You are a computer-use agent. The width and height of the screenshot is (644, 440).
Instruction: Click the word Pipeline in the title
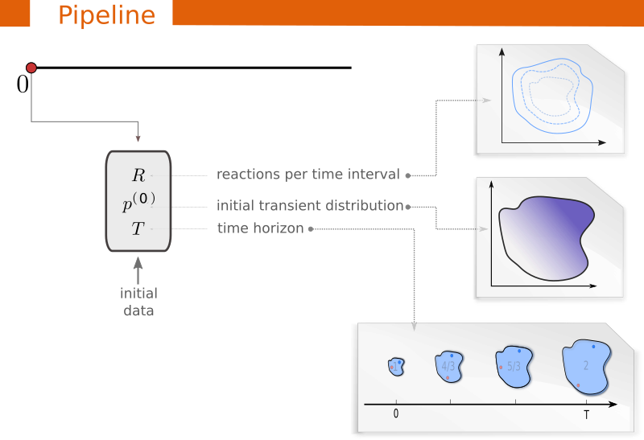pos(106,14)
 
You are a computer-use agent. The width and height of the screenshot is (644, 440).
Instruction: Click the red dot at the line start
pos(31,68)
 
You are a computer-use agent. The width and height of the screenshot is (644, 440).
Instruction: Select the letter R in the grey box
pos(138,175)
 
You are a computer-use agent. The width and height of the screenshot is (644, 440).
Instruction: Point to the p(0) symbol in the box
pos(138,203)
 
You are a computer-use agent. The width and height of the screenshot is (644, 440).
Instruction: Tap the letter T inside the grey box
pos(138,229)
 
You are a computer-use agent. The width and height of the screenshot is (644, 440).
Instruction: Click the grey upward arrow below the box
pos(138,264)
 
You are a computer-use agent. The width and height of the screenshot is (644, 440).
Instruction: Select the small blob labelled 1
pos(394,366)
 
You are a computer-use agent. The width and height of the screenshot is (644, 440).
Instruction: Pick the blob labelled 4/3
pos(449,365)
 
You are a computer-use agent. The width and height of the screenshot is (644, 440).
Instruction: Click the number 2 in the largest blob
pos(586,365)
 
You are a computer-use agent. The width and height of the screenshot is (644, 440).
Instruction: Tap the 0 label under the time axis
pos(396,413)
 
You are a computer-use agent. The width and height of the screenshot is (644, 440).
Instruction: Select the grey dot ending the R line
pos(408,175)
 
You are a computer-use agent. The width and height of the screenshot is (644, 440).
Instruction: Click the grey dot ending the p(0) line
pos(408,207)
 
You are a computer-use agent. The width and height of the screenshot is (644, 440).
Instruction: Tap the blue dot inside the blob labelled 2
pos(594,347)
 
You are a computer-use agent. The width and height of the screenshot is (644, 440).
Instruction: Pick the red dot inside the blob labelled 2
pos(578,385)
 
